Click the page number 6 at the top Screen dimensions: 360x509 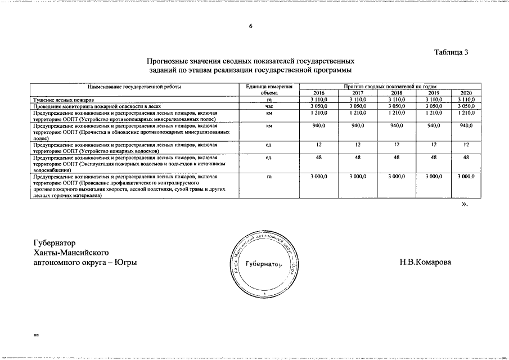251,26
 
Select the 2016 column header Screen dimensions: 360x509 319,93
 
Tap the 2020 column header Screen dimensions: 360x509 466,93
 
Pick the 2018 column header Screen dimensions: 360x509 397,93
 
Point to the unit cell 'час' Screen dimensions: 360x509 268,106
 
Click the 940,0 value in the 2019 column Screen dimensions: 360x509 434,127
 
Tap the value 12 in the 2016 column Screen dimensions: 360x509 319,145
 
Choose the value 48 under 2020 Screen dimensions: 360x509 466,159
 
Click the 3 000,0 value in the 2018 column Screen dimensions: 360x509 397,177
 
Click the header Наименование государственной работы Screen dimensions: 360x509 134,87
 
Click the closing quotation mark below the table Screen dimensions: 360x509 464,204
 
